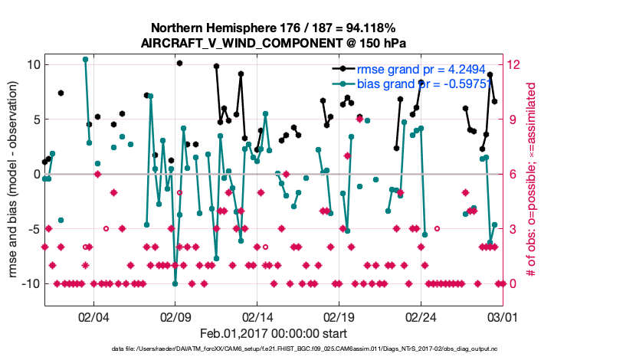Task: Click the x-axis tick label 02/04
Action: [x=93, y=315]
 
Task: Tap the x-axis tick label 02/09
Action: [x=175, y=315]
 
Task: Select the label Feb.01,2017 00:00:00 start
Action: [x=273, y=333]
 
